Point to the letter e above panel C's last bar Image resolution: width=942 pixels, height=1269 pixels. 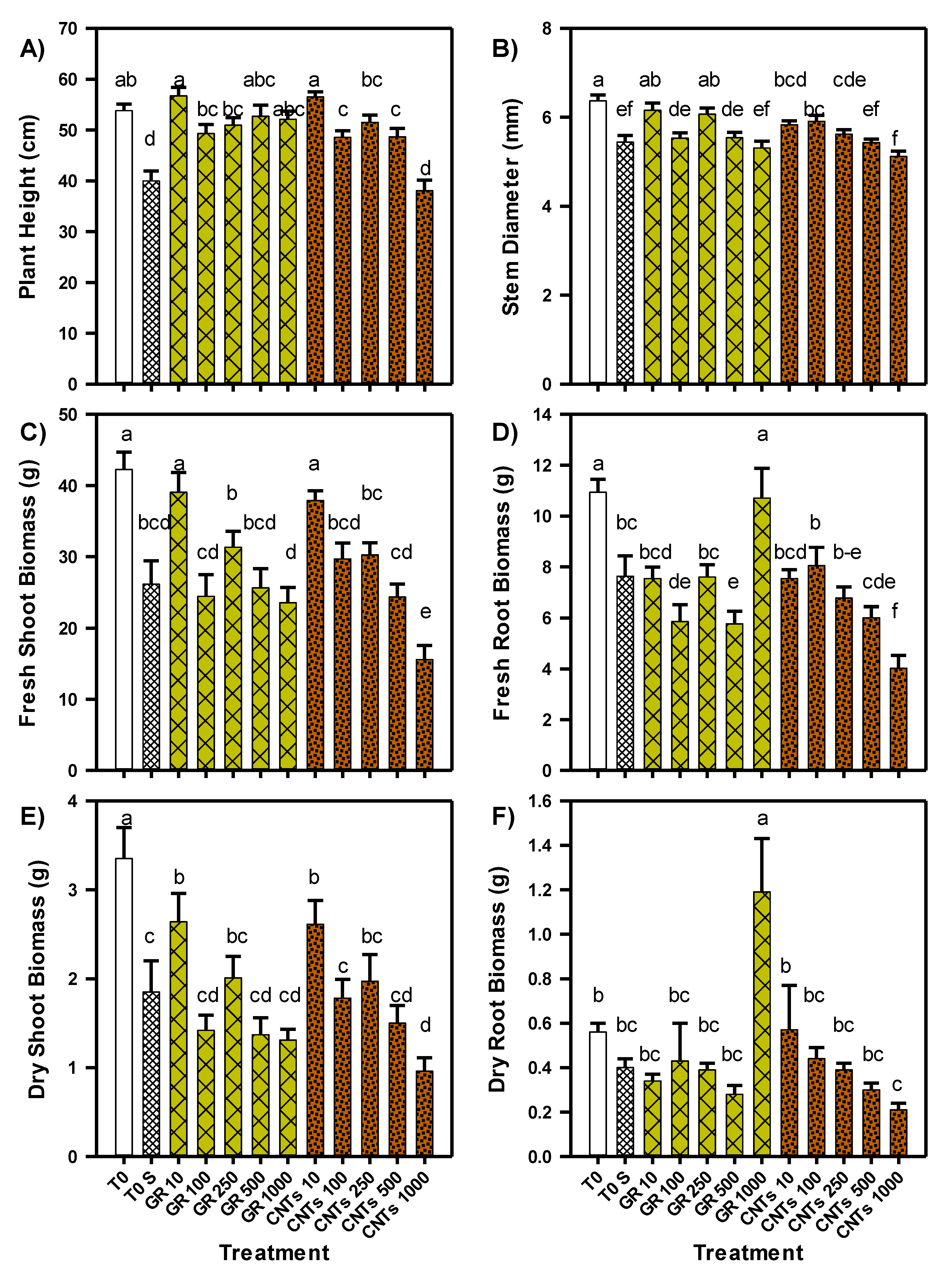[425, 612]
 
